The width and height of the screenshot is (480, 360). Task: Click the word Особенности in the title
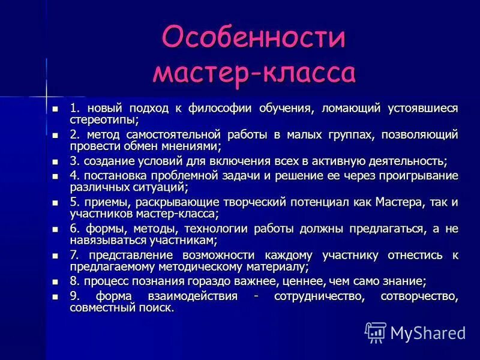tap(254, 37)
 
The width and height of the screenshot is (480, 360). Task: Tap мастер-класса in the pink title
tap(254, 73)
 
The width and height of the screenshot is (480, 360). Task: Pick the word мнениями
tap(190, 146)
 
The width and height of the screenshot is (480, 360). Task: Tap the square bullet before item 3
tap(56, 161)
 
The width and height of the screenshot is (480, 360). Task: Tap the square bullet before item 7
tap(56, 255)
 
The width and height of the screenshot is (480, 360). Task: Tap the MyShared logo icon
tap(376, 332)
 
